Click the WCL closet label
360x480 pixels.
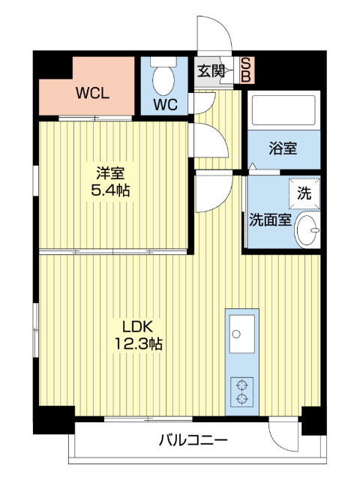coord(93,94)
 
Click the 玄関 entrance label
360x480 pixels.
coord(211,71)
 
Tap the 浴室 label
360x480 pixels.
coord(283,148)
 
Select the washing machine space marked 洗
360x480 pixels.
coord(304,192)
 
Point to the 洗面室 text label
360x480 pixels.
coord(270,220)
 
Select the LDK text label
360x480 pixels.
coord(138,326)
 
